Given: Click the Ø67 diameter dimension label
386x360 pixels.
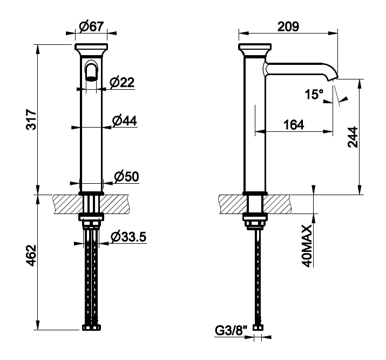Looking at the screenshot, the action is [92, 26].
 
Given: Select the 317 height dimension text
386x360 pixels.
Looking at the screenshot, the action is [32, 119].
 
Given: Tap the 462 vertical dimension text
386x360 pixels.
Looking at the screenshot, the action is [32, 256].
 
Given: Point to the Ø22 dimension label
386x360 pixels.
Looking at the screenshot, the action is [122, 82].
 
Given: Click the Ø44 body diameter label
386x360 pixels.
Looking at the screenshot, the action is [124, 121].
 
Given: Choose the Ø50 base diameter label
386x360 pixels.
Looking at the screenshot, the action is [126, 176].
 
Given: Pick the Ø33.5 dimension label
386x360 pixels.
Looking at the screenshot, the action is [128, 237].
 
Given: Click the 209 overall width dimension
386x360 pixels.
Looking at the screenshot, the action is [288, 26].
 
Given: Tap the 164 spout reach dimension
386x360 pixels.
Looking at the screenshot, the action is [294, 125].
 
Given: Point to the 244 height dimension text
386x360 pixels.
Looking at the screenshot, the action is [353, 137].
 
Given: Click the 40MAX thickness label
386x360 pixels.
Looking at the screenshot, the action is [307, 245].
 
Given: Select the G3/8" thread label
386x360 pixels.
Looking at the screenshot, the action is [231, 331].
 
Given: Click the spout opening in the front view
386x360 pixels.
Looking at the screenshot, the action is [91, 78].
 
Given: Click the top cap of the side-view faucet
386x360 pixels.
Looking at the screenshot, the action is [255, 46].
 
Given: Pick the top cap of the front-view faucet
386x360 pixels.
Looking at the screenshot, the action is [91, 46].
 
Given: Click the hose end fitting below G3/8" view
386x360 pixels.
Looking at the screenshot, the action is [258, 328].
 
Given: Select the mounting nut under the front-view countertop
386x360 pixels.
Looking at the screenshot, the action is [91, 217].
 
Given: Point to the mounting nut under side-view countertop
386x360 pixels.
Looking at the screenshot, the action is [255, 217].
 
